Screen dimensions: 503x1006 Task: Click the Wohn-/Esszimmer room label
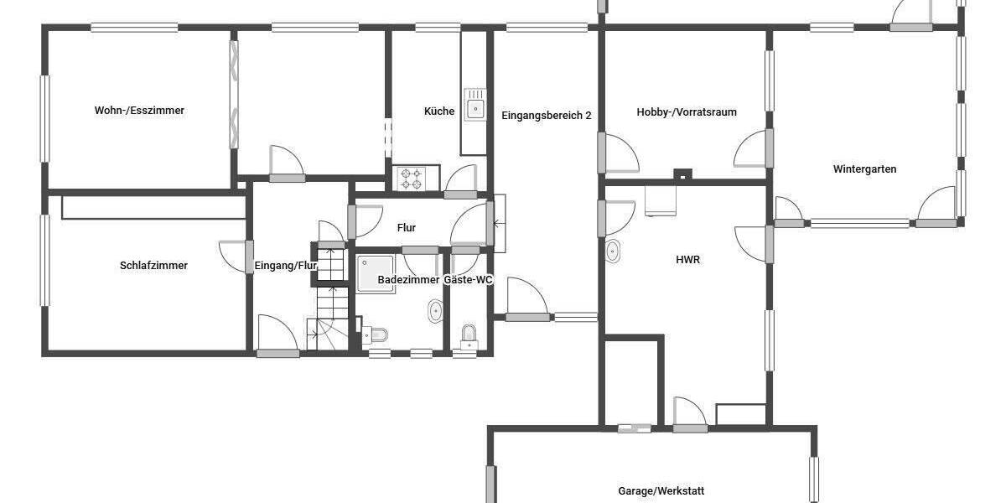click(x=139, y=110)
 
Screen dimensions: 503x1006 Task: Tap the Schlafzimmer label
click(x=153, y=266)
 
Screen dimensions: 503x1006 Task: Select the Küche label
click(x=439, y=111)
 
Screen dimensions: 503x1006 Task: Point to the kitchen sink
click(x=475, y=106)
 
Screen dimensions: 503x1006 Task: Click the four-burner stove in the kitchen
click(x=411, y=179)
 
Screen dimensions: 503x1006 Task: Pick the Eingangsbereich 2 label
click(x=547, y=115)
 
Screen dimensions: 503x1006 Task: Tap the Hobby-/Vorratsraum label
click(x=687, y=111)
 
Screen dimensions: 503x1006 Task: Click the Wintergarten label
click(x=864, y=169)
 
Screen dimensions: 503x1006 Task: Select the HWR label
click(x=687, y=260)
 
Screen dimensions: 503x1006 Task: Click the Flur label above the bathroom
click(x=406, y=227)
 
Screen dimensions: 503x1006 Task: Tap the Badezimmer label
click(x=408, y=279)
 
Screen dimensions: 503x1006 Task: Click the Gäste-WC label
click(x=468, y=279)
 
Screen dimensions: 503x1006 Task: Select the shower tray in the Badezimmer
click(x=376, y=273)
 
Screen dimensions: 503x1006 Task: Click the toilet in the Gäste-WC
click(x=468, y=335)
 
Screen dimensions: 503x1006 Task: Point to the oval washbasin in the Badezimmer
click(x=436, y=312)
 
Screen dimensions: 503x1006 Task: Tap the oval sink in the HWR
click(x=613, y=250)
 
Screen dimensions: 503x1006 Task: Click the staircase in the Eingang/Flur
click(x=329, y=298)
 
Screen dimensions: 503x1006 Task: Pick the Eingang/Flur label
click(x=285, y=267)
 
